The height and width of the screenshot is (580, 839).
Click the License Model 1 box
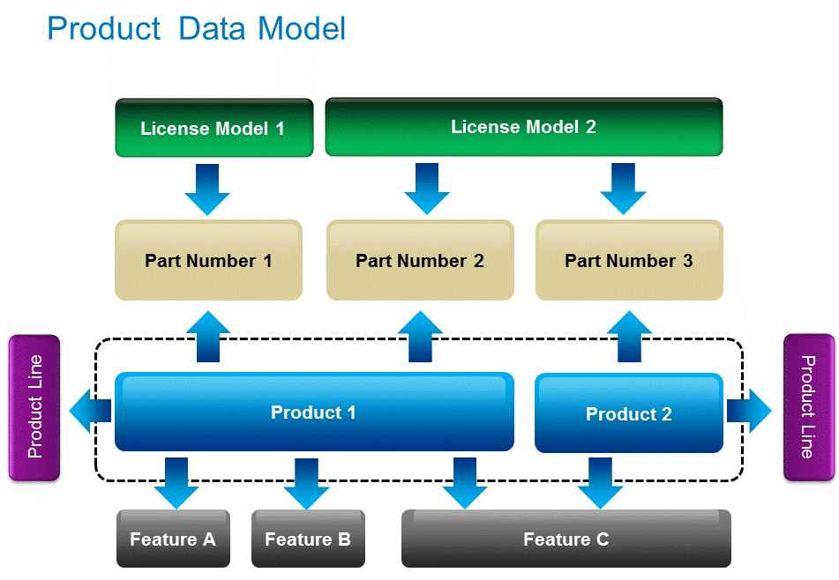pos(214,128)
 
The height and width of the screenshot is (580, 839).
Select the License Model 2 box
pos(524,127)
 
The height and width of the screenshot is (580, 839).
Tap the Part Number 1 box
pos(209,260)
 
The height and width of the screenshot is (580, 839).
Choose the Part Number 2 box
pos(420,260)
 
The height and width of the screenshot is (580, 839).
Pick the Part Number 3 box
pos(629,260)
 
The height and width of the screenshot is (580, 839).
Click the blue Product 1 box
pos(314,412)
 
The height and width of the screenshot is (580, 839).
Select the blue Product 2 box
pos(629,413)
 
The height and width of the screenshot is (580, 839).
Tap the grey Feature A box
pos(174,539)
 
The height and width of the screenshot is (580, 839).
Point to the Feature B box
pos(308,539)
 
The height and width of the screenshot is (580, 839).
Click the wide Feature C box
pos(566,539)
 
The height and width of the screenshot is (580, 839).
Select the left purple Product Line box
pos(34,407)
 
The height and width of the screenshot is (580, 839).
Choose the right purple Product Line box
pos(809,407)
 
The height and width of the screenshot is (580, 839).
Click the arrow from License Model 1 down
pos(207,190)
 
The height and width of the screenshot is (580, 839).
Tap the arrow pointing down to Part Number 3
pos(623,189)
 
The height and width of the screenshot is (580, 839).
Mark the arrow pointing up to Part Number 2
pos(420,336)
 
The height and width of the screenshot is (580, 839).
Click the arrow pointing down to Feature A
pos(176,483)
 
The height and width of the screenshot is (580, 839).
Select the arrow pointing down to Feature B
pos(306,484)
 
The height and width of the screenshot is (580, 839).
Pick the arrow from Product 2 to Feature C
pos(600,483)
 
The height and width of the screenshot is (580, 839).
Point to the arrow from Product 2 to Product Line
pos(749,411)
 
